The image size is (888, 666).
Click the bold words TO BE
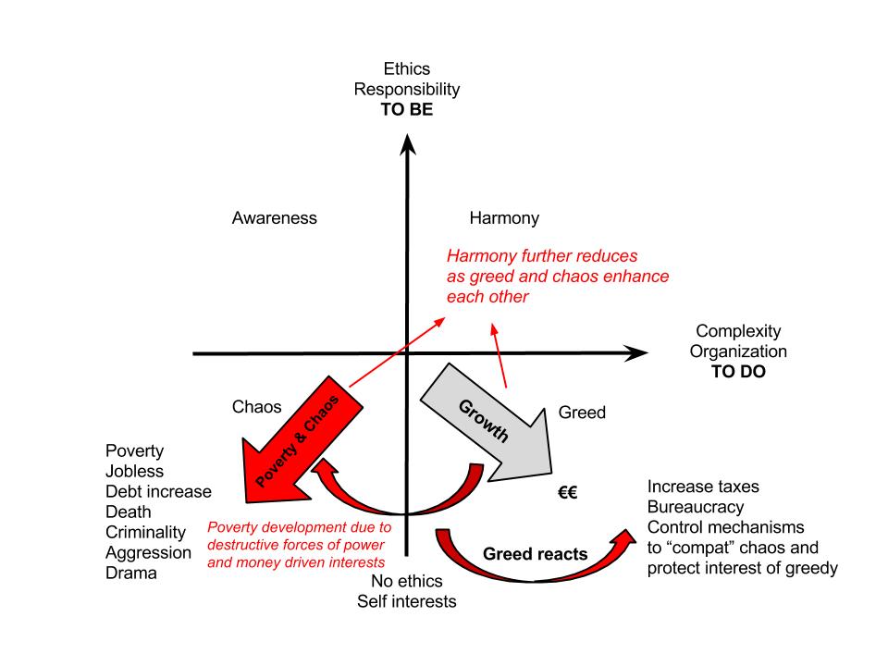(407, 109)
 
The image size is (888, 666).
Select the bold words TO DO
(738, 372)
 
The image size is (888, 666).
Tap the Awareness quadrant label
(274, 218)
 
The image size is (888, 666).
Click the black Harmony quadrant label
(504, 218)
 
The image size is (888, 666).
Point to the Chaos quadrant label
(256, 407)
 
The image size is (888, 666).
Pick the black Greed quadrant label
(583, 413)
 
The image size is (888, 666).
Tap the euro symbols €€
(567, 493)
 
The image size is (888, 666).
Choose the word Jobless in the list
(134, 471)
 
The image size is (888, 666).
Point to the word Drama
(131, 573)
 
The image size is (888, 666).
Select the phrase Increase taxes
(705, 487)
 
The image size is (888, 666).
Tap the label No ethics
(407, 582)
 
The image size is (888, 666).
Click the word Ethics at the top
(407, 68)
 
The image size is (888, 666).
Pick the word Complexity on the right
(738, 331)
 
